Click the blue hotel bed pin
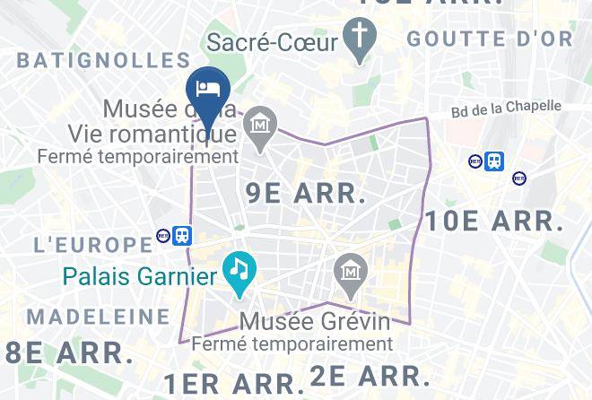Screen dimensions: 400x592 point(208,90)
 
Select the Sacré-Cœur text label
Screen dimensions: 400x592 point(273,42)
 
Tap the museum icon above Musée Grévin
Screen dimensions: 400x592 point(348,272)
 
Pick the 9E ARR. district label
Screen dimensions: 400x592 point(306,192)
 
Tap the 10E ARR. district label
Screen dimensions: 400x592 point(495,220)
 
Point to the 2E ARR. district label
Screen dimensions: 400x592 point(371,375)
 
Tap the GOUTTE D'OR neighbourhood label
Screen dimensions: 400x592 point(489,39)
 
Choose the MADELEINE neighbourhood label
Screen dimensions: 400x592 point(99,317)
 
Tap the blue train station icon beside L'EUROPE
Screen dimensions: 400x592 point(182,235)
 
